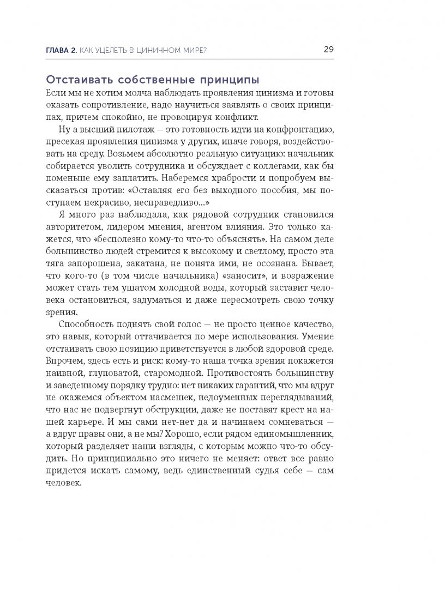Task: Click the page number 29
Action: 328,49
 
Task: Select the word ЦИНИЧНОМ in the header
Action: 163,50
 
